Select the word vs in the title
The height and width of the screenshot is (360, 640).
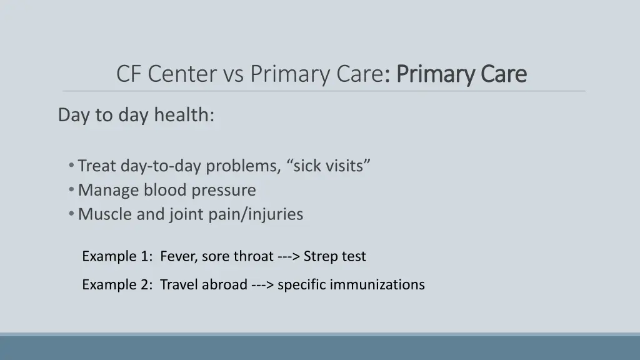coord(233,74)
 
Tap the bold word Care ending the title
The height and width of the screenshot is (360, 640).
coord(504,74)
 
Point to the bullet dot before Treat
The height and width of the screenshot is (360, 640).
coord(72,166)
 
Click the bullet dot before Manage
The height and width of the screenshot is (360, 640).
coord(72,189)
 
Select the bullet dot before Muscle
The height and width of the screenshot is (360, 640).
coord(72,214)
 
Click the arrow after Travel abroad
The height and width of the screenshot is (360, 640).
coord(262,285)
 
